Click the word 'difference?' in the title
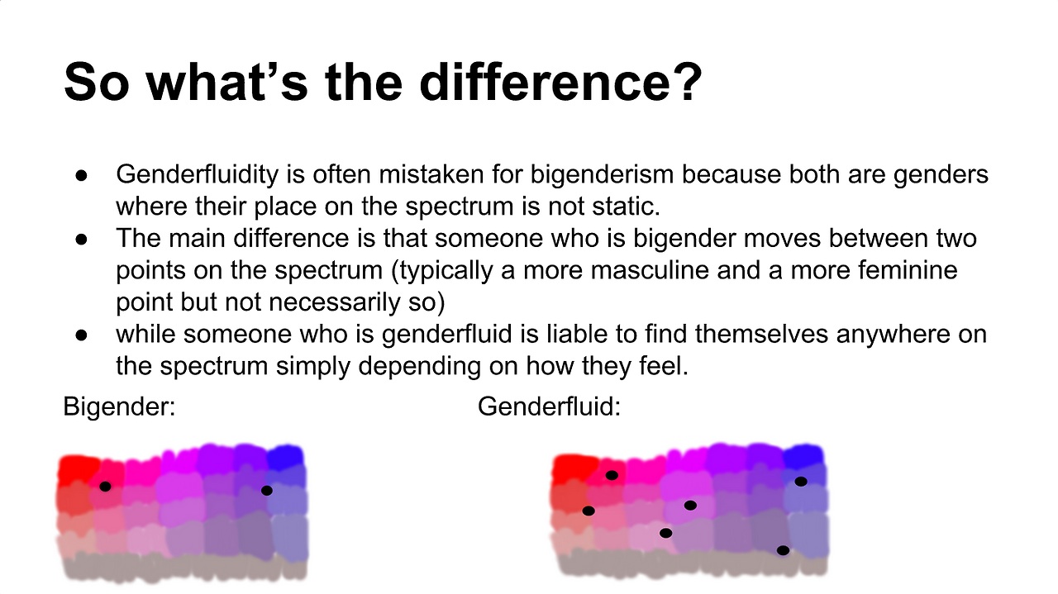coord(560,81)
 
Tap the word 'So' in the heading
coord(97,82)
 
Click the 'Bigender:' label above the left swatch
coord(119,406)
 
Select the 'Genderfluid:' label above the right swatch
coord(549,406)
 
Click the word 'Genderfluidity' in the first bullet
coord(197,175)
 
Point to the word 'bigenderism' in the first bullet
coord(602,175)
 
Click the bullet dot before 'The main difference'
coord(81,240)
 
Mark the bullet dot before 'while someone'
coord(81,335)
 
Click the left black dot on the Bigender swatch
coord(105,487)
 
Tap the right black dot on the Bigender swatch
coord(266,491)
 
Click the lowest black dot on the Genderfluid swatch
coord(783,550)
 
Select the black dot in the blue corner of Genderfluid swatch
coord(801,482)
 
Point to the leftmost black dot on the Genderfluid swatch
coord(588,511)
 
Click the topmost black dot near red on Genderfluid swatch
coord(612,475)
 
